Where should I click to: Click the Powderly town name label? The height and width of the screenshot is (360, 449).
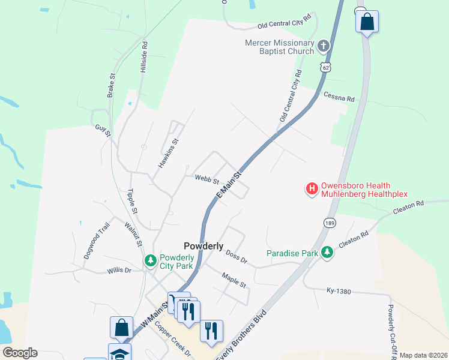pos(203,246)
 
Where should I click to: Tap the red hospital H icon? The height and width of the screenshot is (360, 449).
pos(312,190)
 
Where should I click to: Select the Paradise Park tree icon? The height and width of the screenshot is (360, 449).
pos(327,253)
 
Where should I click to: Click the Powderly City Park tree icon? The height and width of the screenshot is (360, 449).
pos(150,261)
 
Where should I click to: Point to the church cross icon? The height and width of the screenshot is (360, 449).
pos(323,46)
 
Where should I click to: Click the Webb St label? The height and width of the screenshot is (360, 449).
pos(205,178)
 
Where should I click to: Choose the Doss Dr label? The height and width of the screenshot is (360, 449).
pos(237,257)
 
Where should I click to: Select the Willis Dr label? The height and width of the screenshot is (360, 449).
pos(119,270)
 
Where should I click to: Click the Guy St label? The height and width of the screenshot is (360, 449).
pos(103,130)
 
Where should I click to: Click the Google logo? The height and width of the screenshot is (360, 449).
pos(20,352)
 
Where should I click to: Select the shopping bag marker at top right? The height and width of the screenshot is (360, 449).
pos(367,22)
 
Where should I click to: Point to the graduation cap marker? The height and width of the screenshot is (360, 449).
pos(119,353)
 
